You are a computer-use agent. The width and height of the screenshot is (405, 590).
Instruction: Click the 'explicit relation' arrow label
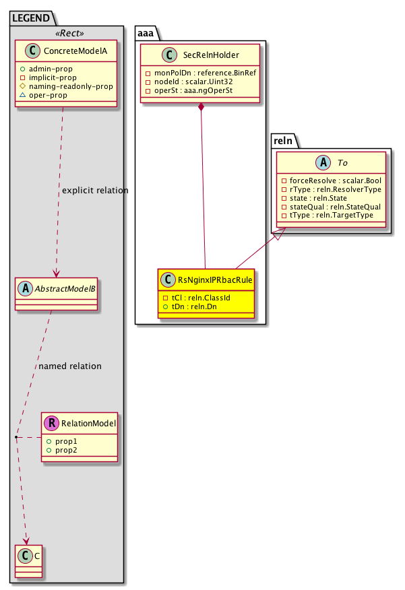click(94, 191)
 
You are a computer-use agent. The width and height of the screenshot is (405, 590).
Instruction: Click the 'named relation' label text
click(70, 366)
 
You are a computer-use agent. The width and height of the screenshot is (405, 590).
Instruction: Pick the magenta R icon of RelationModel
click(51, 424)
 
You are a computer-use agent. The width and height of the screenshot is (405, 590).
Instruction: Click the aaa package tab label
click(148, 32)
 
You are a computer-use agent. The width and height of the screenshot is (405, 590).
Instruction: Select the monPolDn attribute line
click(200, 71)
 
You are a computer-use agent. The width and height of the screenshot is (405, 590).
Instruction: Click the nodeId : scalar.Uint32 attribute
click(185, 81)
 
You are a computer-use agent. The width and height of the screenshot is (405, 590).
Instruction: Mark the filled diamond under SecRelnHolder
click(201, 108)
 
